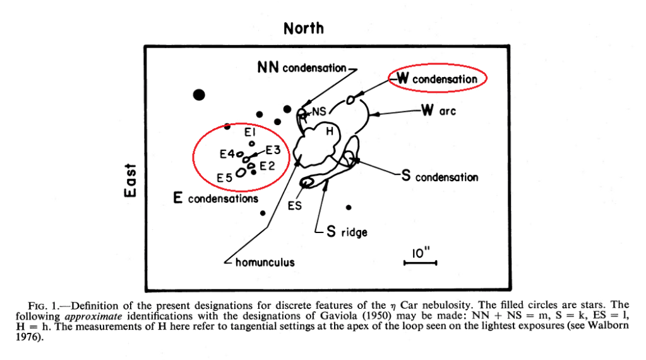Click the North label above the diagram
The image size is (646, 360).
click(x=304, y=28)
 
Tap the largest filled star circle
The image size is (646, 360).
click(x=200, y=95)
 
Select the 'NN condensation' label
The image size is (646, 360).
click(x=302, y=68)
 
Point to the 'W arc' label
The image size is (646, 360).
click(x=438, y=111)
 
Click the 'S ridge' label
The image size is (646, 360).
click(x=347, y=232)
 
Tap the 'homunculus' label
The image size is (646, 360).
click(x=265, y=262)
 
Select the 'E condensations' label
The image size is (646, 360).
click(x=215, y=199)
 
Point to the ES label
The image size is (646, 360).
click(x=295, y=206)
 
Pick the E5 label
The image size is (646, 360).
click(x=224, y=179)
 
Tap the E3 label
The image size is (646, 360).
click(x=273, y=150)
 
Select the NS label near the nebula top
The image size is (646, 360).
click(x=319, y=111)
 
